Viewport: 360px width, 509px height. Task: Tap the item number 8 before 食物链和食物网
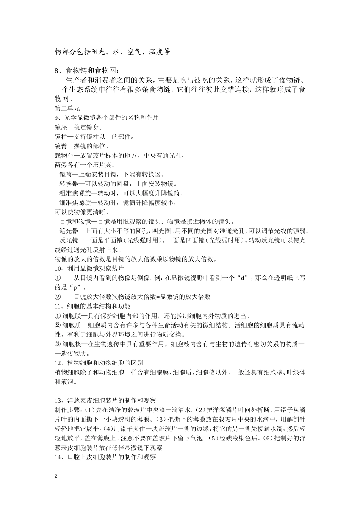point(57,70)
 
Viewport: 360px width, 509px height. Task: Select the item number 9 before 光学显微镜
point(56,118)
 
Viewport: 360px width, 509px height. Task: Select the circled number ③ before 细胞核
point(58,344)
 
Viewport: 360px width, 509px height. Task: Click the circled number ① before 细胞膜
point(58,316)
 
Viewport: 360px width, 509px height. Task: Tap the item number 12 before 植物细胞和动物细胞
point(58,363)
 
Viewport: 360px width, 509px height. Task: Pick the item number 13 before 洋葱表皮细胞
point(58,400)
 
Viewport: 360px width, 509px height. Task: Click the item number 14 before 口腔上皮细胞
point(58,457)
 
